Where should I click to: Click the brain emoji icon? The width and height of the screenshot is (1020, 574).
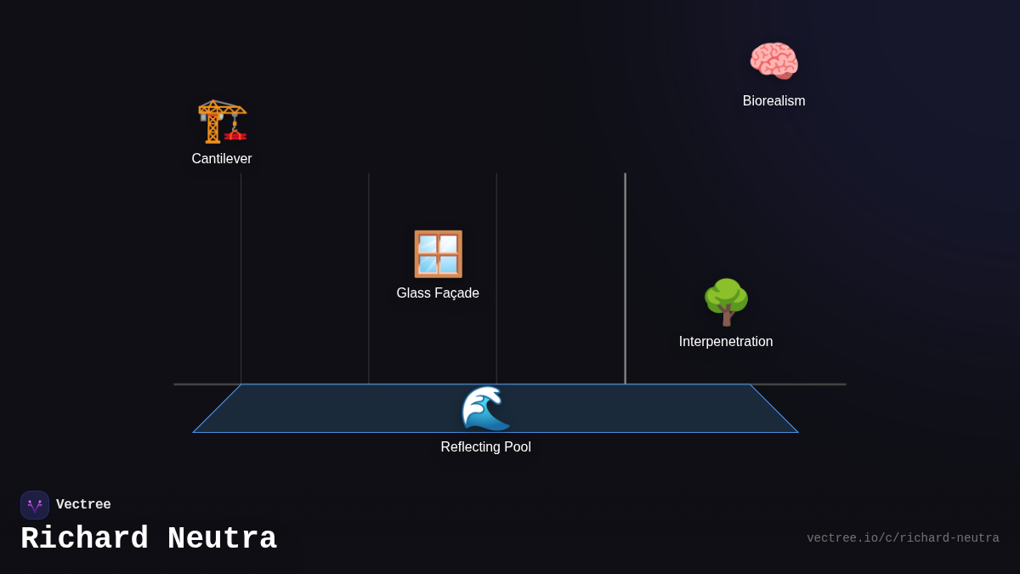click(773, 61)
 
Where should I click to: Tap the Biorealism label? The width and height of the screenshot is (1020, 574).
click(773, 101)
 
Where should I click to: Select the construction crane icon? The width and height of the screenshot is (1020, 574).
click(222, 121)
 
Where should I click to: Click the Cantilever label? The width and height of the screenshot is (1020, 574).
click(222, 159)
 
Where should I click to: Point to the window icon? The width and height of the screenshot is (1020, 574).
click(438, 253)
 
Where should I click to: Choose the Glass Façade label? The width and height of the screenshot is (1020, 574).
click(438, 293)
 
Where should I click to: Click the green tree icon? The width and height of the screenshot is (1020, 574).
click(726, 302)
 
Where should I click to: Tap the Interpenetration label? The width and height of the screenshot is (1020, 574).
click(726, 342)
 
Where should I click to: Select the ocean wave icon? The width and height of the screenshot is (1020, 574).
click(485, 408)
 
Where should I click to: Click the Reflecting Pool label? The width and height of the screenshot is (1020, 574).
click(485, 447)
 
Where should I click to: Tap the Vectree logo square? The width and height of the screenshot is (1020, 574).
click(35, 505)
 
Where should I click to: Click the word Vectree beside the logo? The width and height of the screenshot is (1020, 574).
click(83, 505)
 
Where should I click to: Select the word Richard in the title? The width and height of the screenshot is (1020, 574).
click(84, 539)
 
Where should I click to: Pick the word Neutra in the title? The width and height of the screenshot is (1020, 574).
click(222, 539)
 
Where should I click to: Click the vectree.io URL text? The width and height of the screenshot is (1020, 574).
click(903, 538)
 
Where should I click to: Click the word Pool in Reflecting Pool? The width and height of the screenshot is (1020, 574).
click(516, 447)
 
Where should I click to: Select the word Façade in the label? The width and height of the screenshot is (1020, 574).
click(458, 293)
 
